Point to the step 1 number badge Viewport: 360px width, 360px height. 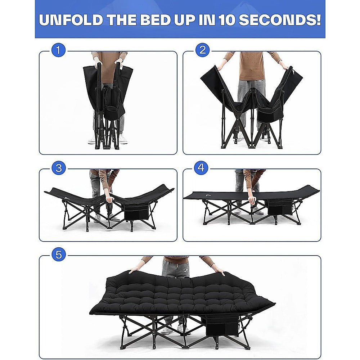59,50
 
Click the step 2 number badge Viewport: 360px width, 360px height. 203,50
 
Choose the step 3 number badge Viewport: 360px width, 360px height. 59,168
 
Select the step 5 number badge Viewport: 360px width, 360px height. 59,255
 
